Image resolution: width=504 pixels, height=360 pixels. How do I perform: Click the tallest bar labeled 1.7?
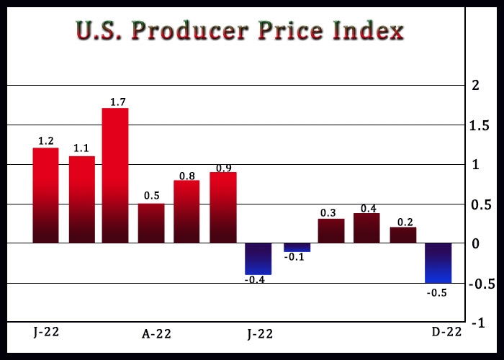point(115,175)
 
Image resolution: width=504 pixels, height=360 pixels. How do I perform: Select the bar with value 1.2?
point(45,195)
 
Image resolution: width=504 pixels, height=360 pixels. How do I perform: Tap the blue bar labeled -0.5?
point(438,263)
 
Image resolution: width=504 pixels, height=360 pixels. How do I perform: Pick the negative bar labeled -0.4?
point(258,259)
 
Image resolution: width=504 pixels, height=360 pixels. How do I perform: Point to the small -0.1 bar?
point(297,247)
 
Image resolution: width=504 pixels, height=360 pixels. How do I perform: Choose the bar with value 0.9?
point(223,207)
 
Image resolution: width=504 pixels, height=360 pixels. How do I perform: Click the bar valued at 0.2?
point(403,235)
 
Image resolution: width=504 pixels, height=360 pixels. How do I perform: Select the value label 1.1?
point(81,149)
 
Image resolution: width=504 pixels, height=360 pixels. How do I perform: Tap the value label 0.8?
point(186,174)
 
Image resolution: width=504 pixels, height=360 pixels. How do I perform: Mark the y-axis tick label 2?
point(474,86)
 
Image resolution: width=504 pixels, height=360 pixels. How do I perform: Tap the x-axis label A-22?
point(157,333)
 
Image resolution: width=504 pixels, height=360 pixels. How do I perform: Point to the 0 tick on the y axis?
point(474,244)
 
